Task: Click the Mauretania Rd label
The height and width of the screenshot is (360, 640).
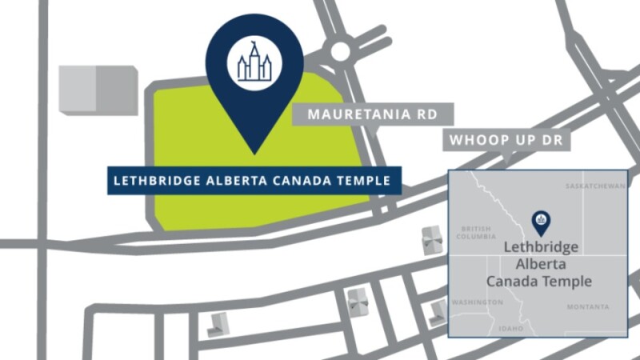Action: [373, 114]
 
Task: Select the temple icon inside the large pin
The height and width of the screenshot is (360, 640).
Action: [254, 61]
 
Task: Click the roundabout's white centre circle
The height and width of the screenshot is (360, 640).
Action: [341, 51]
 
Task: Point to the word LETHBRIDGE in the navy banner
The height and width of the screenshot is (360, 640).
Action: [152, 181]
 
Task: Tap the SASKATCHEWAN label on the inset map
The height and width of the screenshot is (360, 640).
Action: [594, 186]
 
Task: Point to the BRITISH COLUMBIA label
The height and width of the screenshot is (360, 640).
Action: [476, 233]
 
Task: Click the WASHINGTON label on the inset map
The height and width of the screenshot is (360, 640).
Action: [477, 302]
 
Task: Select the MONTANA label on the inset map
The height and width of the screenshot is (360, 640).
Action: [588, 307]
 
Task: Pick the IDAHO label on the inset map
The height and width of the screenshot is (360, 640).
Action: [510, 329]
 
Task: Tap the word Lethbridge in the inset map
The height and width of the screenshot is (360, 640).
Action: [541, 247]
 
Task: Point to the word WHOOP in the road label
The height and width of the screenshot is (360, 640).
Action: [476, 140]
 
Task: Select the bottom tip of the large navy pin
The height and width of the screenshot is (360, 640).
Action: [254, 152]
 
